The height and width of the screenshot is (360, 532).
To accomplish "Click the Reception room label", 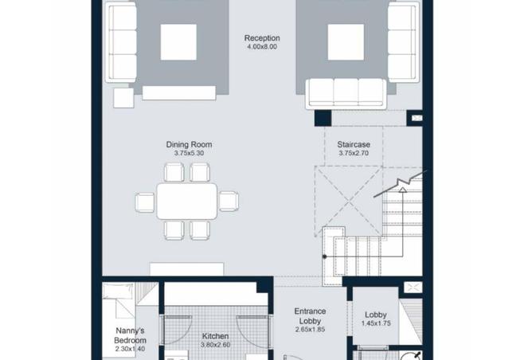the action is pos(262,38).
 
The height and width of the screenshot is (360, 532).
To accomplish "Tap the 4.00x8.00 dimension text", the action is pos(262,47).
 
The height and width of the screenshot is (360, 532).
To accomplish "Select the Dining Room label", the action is pos(189,144).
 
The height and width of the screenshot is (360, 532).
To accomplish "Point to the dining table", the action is pos(186,202).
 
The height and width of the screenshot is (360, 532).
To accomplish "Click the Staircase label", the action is pos(354,144).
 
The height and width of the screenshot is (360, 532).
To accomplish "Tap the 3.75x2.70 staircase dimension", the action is pos(354,153).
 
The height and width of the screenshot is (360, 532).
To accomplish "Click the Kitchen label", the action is pos(216,336).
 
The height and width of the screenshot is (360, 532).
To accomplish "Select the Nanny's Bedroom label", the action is pos(130,335).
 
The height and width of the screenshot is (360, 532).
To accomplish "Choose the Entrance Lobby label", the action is pos(310,316).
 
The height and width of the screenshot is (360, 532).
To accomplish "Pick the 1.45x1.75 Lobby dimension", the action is pos(376,323).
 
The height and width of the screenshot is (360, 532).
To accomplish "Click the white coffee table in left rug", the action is pos(178,42).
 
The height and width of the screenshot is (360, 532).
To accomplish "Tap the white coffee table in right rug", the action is pos(346,42).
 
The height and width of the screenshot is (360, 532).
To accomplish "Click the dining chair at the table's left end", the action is pos(145,202).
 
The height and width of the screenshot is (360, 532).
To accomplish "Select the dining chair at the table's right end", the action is pos(229,202).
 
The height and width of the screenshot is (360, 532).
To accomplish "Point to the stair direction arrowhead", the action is pos(402,190).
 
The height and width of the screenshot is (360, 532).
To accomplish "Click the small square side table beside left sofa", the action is pos(123,98).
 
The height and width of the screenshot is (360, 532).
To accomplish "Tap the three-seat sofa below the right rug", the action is pos(346,94).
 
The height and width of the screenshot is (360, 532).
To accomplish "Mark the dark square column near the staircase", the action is pos(323,119).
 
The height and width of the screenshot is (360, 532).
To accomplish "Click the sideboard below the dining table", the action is pos(187,269).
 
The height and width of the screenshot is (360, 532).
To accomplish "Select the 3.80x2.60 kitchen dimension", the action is pos(216,345).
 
